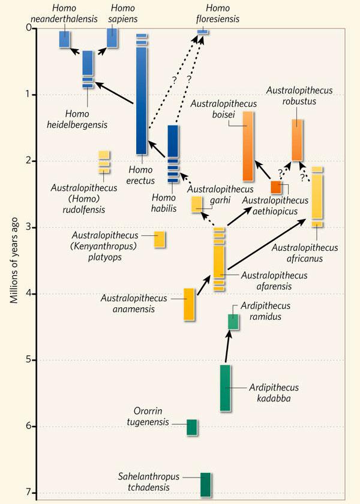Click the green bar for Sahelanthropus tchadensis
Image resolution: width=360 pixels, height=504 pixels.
tap(205, 485)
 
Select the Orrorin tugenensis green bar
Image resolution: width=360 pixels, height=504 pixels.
tap(192, 427)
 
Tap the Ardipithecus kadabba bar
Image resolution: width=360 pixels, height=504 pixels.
tap(225, 388)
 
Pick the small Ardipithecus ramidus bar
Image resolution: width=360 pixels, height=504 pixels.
tap(233, 322)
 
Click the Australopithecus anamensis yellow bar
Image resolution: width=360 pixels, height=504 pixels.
tap(189, 304)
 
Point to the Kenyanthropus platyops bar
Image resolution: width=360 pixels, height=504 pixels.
tap(160, 239)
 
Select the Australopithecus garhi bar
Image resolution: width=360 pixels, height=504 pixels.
tap(197, 204)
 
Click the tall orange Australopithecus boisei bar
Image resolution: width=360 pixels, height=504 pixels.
tap(248, 146)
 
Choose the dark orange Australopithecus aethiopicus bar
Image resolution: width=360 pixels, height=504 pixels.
tap(276, 187)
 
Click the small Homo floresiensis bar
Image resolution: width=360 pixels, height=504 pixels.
tap(203, 32)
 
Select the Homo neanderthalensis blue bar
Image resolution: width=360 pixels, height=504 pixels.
tap(65, 39)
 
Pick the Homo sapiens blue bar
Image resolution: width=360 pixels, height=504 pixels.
tap(112, 39)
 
